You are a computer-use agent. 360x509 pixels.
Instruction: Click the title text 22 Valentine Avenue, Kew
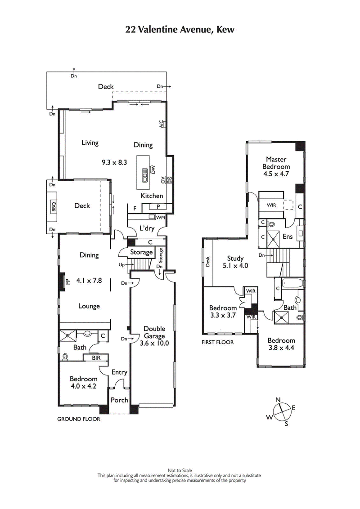pos(180,30)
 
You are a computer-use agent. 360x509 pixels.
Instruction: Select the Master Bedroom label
pos(276,163)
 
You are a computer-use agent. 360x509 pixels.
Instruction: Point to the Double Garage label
pos(154,332)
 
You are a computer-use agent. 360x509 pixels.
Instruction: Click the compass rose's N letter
pos(278,399)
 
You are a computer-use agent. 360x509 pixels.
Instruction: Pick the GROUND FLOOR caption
pos(78,419)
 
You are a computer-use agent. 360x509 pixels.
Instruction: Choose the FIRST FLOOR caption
pos(218,342)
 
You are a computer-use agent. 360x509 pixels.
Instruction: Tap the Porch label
pos(119,400)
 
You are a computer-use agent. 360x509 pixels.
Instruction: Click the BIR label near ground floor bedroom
pos(96,358)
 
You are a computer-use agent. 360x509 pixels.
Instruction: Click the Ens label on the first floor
pos(288,236)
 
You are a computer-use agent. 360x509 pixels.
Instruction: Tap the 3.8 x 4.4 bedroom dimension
pos(281,348)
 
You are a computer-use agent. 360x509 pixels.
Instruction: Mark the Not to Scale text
pos(180,471)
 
